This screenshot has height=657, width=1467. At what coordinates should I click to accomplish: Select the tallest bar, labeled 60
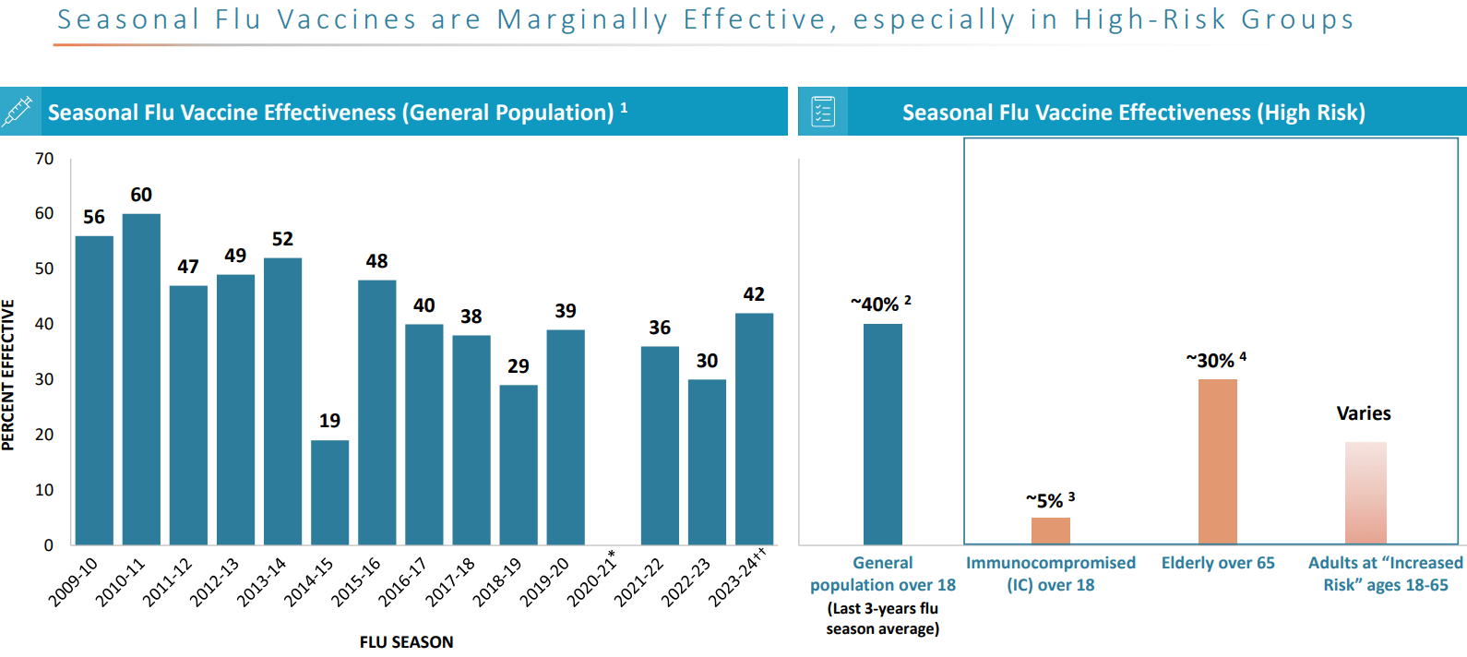pos(141,378)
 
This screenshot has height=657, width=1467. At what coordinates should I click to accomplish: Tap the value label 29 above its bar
pos(519,366)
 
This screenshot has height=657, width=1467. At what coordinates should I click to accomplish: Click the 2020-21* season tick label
pos(591,579)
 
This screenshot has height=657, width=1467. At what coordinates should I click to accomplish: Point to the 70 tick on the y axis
pos(44,159)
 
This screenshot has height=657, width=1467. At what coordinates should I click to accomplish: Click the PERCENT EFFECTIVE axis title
pos(8,375)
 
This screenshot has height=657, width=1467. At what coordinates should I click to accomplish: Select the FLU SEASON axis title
pos(406,642)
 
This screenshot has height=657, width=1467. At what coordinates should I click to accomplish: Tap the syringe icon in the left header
pos(18,111)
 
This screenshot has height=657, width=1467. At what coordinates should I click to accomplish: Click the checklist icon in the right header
pos(823,112)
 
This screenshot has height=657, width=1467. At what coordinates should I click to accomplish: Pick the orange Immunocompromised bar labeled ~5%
pos(1050,531)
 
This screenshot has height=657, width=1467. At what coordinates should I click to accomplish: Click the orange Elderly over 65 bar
pos(1217,461)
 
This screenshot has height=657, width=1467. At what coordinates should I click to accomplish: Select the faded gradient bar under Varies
pos(1366,493)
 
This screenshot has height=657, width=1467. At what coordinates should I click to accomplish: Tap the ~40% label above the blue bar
pos(876,305)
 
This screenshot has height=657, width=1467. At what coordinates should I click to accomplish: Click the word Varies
pos(1364,413)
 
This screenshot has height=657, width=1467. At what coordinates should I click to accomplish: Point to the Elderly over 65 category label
pos(1218,563)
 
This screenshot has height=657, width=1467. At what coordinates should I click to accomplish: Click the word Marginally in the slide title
pos(582,19)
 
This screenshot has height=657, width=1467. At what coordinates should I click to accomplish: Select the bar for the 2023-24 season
pos(754,429)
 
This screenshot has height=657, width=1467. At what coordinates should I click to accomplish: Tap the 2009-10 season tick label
pos(73,582)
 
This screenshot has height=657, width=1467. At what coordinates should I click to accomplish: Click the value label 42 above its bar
pos(754,294)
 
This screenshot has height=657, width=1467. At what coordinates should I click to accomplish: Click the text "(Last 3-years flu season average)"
pos(883,619)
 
